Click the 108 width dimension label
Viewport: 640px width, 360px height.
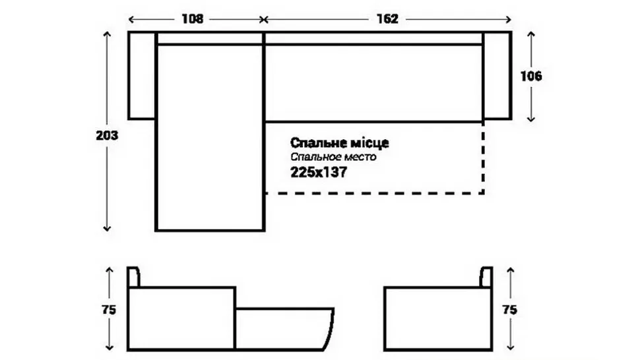coord(192,19)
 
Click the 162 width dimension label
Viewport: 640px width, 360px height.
coord(387,19)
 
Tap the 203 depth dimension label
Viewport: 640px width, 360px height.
coord(107,135)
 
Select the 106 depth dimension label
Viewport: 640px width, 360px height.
coord(531,76)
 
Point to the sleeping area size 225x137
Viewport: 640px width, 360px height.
coord(319,172)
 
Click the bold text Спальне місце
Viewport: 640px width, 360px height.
coord(340,142)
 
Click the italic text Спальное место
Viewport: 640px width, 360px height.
coord(333,157)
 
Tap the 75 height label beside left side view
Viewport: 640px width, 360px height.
coord(109,310)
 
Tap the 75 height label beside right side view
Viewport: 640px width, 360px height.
coord(510,310)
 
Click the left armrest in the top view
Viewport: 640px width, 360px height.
coord(142,76)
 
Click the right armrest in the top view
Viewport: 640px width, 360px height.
coord(497,76)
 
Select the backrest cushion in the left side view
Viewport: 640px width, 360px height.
coord(133,277)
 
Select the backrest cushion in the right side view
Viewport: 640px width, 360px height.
coord(486,277)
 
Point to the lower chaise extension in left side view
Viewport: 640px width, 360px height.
coord(284,329)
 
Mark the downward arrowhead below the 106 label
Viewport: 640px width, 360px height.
coord(530,119)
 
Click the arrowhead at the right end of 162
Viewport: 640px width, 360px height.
coord(508,19)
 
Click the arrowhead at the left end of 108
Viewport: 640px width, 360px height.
coord(131,19)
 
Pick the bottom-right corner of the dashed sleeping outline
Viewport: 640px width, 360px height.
coord(483,193)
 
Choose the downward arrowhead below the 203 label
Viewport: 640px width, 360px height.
coord(107,228)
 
